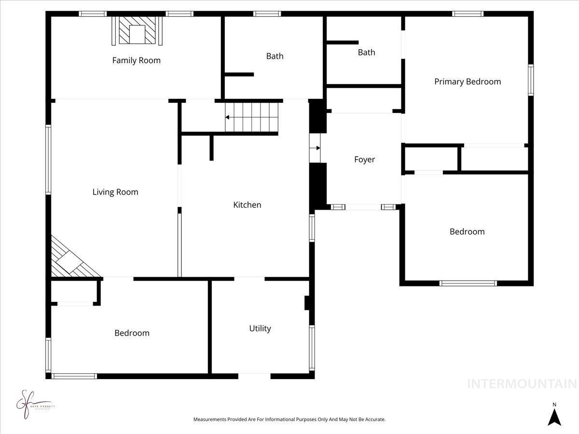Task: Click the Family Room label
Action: [x=136, y=60]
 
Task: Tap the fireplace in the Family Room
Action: [x=138, y=31]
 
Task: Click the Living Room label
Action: [x=115, y=192]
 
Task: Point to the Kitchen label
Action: [x=247, y=205]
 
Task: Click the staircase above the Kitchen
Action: [x=252, y=117]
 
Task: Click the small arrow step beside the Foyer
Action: [x=315, y=148]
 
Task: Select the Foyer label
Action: [x=364, y=160]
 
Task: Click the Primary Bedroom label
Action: [x=468, y=81]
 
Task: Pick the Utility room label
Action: [x=260, y=328]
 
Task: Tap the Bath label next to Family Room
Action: [x=275, y=56]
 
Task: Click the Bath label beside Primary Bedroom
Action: [x=366, y=52]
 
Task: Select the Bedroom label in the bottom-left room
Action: [x=132, y=333]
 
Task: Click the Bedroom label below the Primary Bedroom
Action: [x=467, y=231]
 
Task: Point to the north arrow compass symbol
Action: [x=554, y=415]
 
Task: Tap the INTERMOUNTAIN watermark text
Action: [x=522, y=384]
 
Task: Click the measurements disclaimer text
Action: [x=289, y=420]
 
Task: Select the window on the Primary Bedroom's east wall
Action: [x=531, y=80]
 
